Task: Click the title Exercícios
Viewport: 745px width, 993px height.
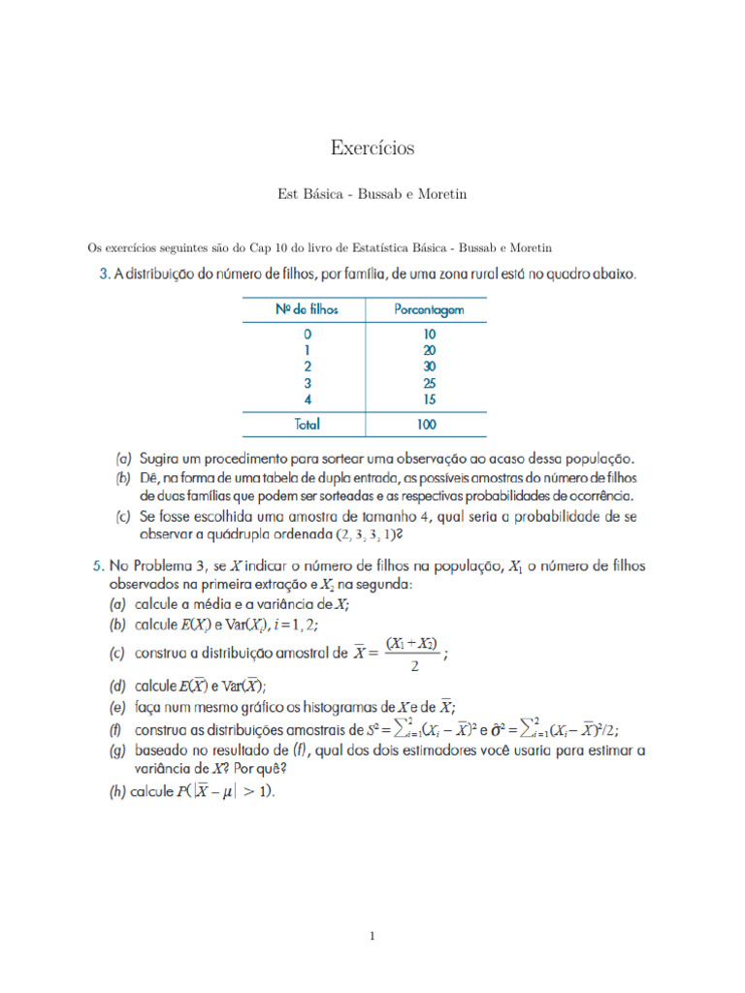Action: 372,147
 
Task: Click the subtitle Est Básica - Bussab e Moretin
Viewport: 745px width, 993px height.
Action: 372,194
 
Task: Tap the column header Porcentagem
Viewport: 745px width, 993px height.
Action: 429,309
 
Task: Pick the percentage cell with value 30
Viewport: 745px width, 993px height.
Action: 429,367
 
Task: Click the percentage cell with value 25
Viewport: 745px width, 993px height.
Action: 429,383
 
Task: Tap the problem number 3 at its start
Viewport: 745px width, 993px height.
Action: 104,275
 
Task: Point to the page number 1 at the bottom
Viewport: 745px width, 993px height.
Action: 372,936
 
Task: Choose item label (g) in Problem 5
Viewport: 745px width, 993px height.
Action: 116,750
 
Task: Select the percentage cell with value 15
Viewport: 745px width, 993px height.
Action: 429,400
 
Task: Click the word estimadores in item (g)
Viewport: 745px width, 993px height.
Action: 435,750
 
